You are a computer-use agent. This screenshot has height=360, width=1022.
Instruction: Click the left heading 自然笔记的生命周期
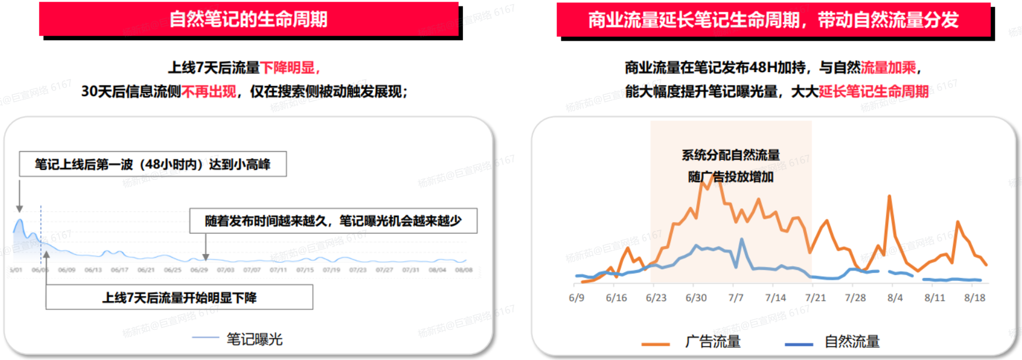click(x=248, y=19)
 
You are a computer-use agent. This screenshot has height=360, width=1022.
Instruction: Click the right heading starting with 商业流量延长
click(x=773, y=20)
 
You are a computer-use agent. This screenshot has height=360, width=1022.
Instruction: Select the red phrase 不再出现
click(x=209, y=92)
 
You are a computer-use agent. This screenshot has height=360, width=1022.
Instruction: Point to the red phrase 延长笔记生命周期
click(x=874, y=92)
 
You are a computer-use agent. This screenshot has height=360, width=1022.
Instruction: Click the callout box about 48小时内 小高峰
click(x=152, y=165)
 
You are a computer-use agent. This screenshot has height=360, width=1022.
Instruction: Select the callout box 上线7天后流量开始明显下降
click(x=179, y=298)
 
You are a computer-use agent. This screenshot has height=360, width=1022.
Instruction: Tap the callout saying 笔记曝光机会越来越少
click(x=333, y=221)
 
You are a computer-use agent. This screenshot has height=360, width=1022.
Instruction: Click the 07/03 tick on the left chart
click(x=226, y=270)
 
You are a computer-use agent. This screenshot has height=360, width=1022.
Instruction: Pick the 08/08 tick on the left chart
click(x=464, y=270)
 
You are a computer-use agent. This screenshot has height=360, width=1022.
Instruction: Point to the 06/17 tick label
click(x=120, y=270)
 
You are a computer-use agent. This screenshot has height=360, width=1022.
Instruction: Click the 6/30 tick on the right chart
click(x=696, y=298)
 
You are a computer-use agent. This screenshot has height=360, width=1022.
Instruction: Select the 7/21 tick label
click(x=816, y=298)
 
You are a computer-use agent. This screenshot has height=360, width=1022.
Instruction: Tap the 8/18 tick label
click(x=975, y=298)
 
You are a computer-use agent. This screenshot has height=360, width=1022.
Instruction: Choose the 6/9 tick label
click(x=576, y=298)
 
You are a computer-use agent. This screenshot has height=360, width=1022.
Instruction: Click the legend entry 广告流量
click(x=713, y=342)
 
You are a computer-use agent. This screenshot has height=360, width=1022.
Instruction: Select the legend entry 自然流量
click(x=852, y=342)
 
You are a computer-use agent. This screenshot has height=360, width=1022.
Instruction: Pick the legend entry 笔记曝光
click(x=254, y=339)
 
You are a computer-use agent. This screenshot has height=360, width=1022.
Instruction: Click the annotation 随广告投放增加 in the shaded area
click(x=731, y=177)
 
